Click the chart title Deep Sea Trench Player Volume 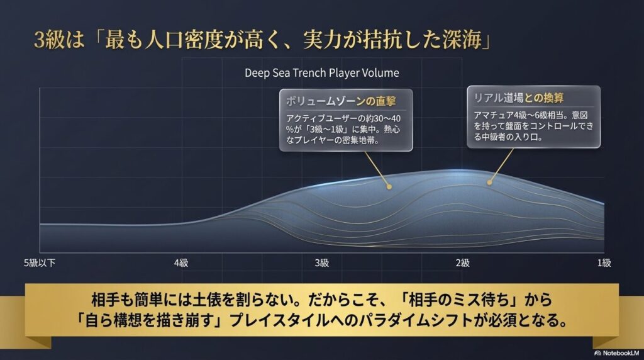pos(321,72)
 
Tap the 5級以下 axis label pos(39,262)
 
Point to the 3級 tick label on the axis pos(321,262)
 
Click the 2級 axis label pos(463,262)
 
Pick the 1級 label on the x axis pos(604,262)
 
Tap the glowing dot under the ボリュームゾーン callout pos(389,186)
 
